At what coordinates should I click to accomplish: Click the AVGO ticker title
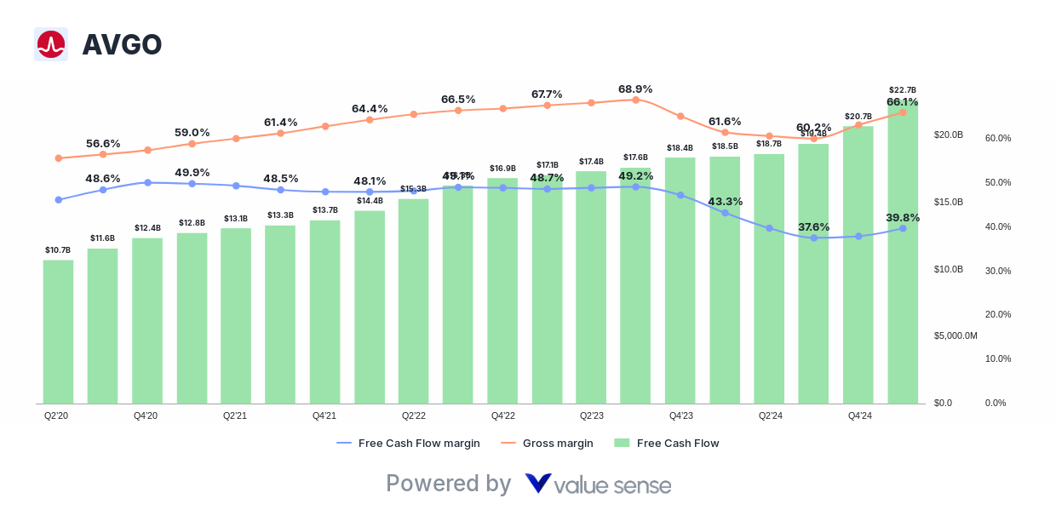point(122,44)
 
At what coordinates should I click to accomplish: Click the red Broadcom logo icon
point(51,44)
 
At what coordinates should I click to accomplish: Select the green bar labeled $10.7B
point(58,331)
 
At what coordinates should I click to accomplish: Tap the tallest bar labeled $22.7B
point(903,255)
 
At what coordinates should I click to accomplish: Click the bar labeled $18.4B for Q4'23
point(680,281)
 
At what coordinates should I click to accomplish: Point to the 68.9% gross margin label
point(634,89)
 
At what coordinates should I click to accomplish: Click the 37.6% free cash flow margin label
point(813,226)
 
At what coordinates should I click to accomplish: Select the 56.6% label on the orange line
point(103,143)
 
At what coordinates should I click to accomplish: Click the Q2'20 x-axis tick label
point(56,415)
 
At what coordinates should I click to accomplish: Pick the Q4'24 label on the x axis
point(859,415)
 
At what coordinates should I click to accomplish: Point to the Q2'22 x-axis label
point(413,415)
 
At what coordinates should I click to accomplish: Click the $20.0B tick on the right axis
point(948,135)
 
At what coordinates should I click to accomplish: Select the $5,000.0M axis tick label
point(956,335)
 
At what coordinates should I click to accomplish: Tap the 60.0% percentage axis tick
point(997,138)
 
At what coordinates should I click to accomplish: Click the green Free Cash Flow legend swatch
point(622,443)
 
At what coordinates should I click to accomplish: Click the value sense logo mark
point(538,484)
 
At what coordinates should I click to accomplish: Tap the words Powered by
point(448,484)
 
